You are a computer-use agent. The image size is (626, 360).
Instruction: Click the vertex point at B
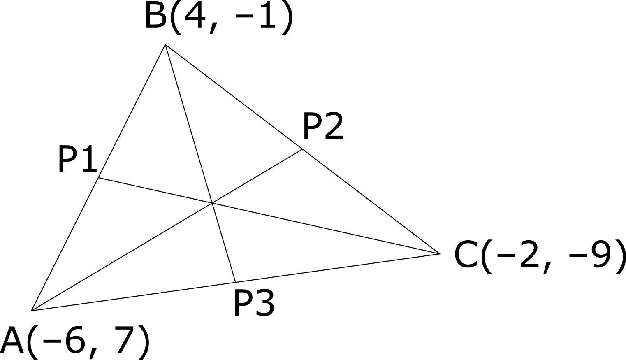tap(165, 44)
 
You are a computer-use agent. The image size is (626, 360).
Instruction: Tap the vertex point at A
tap(32, 311)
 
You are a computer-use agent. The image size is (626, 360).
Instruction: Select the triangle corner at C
tap(440, 253)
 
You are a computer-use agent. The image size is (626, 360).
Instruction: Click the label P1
tap(77, 159)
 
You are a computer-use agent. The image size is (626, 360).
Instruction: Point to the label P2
tap(323, 127)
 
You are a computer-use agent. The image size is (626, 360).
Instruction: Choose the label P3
tap(254, 303)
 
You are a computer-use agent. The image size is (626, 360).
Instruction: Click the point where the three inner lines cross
tap(212, 203)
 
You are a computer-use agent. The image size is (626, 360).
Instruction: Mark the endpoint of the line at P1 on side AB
tap(99, 178)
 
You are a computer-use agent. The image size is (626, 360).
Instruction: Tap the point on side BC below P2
tap(303, 149)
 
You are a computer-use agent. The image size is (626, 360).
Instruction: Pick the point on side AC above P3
tap(235, 282)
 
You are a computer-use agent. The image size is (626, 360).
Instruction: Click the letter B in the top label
tap(155, 16)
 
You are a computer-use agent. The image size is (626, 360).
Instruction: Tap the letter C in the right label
tap(466, 255)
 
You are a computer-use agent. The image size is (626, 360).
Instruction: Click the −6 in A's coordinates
tap(66, 341)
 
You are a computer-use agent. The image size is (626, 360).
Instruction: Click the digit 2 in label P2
tap(333, 127)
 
